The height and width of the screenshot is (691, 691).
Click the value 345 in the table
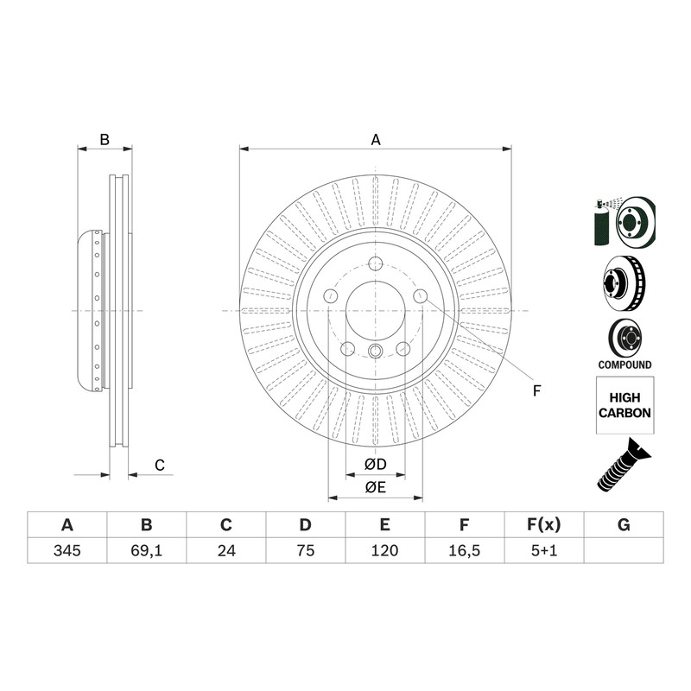coord(67,550)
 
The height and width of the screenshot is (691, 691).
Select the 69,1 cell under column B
coord(146,550)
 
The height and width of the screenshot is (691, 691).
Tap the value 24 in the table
coord(226,550)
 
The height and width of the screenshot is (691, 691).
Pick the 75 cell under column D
coord(306,550)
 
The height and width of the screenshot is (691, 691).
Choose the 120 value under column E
coord(384,550)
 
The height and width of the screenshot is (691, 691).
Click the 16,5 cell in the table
coord(464,550)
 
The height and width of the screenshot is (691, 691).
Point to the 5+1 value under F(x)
coord(544,550)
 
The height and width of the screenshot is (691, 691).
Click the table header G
coord(624,525)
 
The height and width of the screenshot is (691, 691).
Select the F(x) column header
coord(544,525)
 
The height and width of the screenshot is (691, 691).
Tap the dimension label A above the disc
coord(376,140)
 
